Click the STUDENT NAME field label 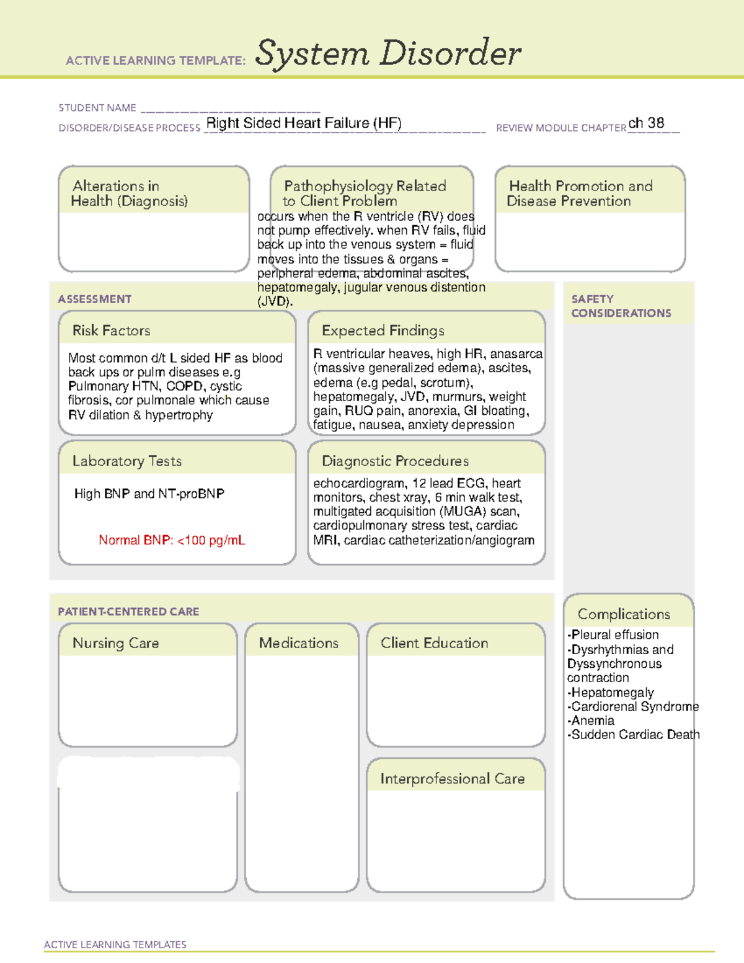97,108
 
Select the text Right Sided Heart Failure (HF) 304,123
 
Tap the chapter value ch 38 646,123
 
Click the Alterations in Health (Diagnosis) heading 129,193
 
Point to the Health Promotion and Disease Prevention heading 580,193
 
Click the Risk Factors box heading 111,331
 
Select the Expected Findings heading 383,331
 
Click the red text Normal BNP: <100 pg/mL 172,540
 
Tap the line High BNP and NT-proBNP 149,494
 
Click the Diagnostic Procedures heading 395,461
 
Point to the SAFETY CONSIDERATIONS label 621,306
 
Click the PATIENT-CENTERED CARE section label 128,611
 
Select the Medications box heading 299,643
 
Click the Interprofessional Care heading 452,779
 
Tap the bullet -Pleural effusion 613,635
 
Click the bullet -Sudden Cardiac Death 633,735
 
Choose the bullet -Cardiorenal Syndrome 632,707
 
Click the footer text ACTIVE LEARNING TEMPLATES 115,944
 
